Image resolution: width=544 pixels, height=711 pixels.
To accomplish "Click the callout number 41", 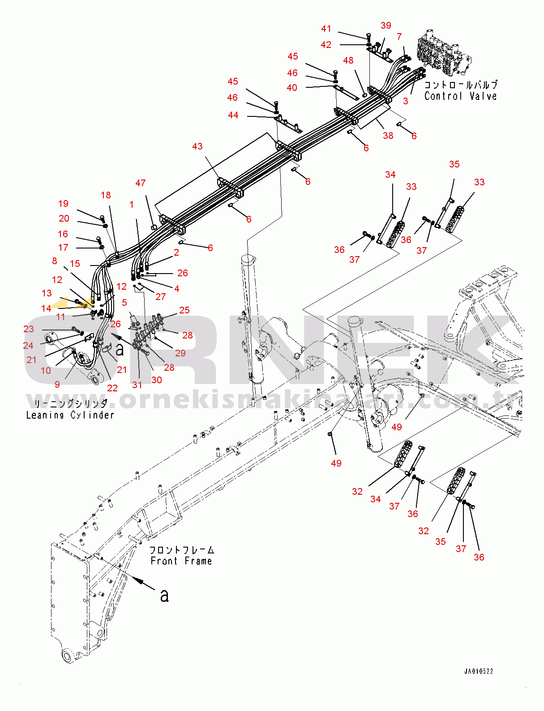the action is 326,29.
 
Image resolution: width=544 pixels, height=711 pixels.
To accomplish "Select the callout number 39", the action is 386,25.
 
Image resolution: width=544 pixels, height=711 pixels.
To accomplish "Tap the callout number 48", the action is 348,60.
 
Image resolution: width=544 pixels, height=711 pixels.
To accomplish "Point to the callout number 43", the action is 197,146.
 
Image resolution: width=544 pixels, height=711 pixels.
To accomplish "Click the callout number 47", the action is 140,183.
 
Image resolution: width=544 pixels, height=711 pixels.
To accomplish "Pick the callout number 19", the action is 63,203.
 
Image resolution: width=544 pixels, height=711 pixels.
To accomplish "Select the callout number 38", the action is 388,135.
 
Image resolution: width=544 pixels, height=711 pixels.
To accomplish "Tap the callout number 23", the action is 29,329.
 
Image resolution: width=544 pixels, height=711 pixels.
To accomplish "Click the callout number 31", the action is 137,385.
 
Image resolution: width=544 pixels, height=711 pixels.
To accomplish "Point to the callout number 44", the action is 233,115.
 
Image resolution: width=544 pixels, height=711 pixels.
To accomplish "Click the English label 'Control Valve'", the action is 460,96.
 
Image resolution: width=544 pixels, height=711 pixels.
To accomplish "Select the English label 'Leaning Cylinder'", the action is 70,415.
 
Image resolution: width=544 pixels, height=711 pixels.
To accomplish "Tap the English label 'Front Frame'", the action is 181,561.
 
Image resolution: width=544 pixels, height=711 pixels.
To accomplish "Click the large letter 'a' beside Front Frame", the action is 164,595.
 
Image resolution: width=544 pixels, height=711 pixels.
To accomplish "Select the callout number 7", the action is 399,37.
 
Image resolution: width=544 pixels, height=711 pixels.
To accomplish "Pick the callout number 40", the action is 292,88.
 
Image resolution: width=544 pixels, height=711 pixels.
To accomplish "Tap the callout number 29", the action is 180,353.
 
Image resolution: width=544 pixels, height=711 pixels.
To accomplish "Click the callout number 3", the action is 406,101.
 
